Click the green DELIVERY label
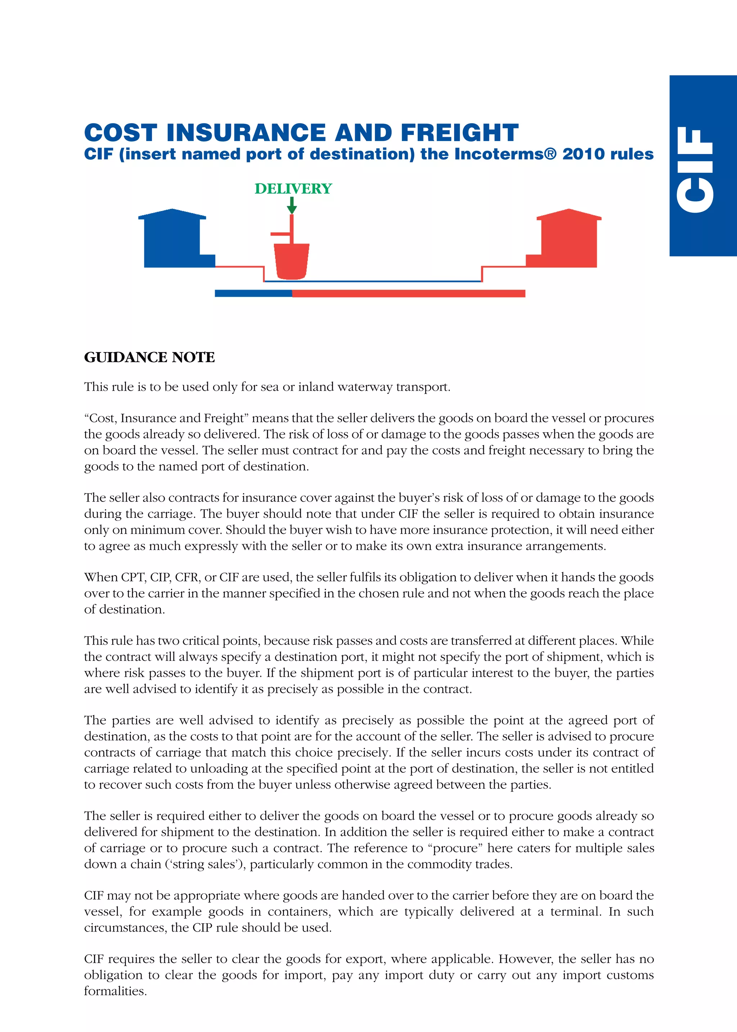293,188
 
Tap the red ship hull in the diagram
291,261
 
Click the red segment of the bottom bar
408,294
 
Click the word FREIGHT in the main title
459,133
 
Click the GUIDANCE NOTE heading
149,357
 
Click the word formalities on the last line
115,991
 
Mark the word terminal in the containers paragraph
576,912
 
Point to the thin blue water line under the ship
372,281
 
